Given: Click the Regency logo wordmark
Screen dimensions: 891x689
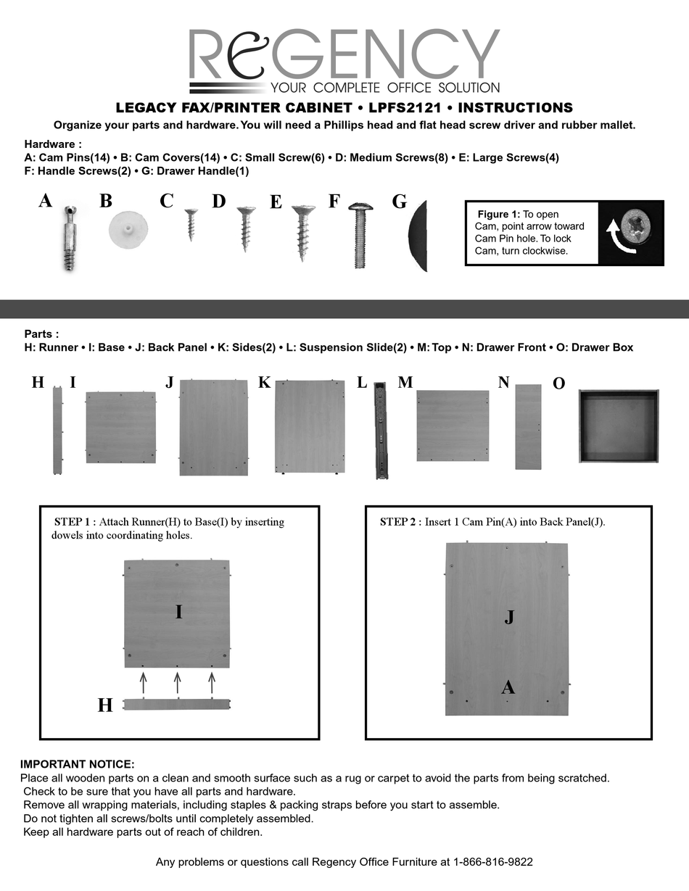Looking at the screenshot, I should (344, 54).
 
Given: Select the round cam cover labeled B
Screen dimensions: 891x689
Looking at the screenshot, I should (128, 229).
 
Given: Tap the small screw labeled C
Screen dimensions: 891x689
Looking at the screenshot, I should (191, 223).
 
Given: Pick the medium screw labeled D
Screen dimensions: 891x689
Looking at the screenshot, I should (247, 228).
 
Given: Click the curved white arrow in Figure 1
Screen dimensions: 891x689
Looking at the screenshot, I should (620, 240).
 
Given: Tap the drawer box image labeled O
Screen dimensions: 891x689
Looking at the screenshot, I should (619, 426).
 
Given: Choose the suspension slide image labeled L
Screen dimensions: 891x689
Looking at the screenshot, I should (381, 431).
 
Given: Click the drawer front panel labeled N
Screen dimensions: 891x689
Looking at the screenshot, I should (528, 426).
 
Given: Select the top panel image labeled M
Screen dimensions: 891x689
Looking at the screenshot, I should (453, 426).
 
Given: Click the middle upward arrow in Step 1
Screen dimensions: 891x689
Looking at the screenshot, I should (177, 682).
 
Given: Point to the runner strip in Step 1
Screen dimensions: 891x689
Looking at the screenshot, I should (176, 704).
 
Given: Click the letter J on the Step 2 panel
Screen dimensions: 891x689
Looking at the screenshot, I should (509, 617).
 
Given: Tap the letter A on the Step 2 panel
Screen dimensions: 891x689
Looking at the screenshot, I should (508, 687).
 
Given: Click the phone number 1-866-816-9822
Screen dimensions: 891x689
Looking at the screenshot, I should (493, 862).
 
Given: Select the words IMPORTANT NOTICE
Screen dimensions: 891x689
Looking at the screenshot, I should (77, 764).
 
